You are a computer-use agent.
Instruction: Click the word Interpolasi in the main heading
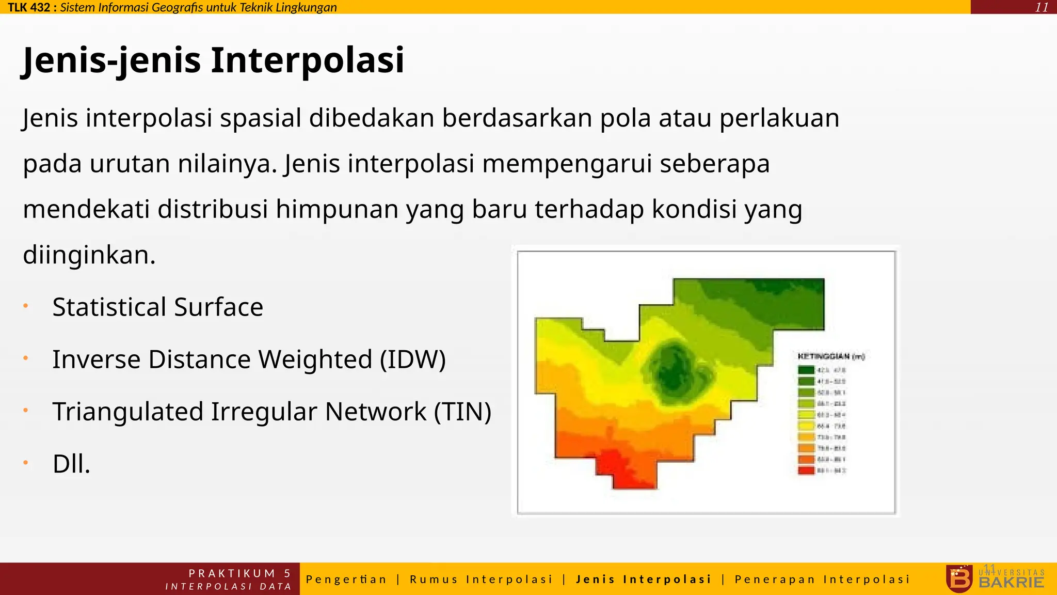[307, 60]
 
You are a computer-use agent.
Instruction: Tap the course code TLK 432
[29, 7]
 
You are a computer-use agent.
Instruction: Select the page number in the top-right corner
[1042, 7]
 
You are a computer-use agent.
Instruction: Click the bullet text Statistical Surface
[157, 307]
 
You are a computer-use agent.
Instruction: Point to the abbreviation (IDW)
[412, 359]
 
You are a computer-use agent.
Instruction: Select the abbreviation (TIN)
[462, 412]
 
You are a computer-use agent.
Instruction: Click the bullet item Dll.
[71, 464]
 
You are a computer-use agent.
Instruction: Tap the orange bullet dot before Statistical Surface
[25, 306]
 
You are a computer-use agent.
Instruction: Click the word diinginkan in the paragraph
[89, 255]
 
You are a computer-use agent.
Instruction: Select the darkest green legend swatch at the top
[806, 370]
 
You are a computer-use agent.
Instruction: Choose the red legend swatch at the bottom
[806, 470]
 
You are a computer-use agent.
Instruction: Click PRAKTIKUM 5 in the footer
[239, 573]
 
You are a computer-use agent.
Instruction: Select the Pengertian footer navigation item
[346, 579]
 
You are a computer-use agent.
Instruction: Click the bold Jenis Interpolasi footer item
[644, 579]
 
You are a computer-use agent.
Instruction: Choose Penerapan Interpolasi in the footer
[822, 579]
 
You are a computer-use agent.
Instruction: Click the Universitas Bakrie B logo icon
[959, 578]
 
